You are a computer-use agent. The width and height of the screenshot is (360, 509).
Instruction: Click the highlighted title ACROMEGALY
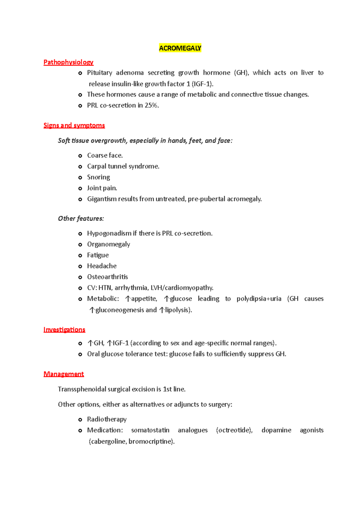pyautogui.click(x=180, y=48)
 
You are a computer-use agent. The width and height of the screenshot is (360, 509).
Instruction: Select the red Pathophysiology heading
pyautogui.click(x=68, y=62)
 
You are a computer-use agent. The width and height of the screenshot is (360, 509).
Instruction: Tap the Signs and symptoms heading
pyautogui.click(x=74, y=125)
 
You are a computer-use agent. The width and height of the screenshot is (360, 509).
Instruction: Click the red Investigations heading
pyautogui.click(x=64, y=330)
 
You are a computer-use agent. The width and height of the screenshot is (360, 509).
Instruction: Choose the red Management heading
pyautogui.click(x=64, y=374)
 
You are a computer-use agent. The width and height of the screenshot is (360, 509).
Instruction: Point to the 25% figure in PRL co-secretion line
pyautogui.click(x=151, y=106)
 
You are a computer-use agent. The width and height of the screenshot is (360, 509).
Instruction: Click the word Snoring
pyautogui.click(x=98, y=177)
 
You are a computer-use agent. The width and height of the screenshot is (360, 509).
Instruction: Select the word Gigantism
pyautogui.click(x=102, y=199)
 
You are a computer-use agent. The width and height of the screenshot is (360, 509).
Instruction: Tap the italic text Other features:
pyautogui.click(x=81, y=219)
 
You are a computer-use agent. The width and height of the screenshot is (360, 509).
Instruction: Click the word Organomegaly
pyautogui.click(x=108, y=244)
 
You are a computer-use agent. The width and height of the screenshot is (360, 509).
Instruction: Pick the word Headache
pyautogui.click(x=102, y=266)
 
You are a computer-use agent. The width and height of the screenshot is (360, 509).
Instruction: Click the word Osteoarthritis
pyautogui.click(x=107, y=277)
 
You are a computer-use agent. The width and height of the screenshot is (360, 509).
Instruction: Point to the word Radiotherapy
pyautogui.click(x=107, y=419)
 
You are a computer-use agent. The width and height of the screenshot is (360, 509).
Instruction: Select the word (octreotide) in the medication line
pyautogui.click(x=234, y=430)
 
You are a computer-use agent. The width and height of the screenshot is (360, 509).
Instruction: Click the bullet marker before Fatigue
pyautogui.click(x=80, y=256)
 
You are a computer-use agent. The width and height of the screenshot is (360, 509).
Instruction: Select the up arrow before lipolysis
pyautogui.click(x=162, y=310)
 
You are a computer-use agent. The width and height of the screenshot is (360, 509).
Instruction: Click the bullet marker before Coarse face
pyautogui.click(x=80, y=156)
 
